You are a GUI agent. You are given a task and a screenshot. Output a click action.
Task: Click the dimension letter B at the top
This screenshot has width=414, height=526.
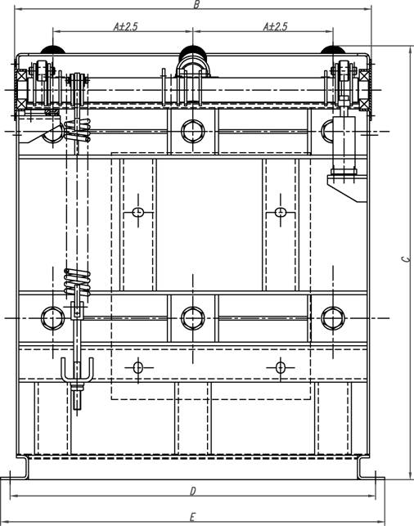[197, 4]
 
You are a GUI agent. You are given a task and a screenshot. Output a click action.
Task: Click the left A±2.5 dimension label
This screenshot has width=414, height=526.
[125, 26]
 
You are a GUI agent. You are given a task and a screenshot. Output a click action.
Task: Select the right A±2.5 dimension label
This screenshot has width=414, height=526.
[275, 26]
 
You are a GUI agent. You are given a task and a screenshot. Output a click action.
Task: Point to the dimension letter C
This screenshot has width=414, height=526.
[406, 259]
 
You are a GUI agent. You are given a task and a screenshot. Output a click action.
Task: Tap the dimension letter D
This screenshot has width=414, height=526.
[192, 492]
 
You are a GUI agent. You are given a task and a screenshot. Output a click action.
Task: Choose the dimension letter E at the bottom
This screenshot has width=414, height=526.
[192, 517]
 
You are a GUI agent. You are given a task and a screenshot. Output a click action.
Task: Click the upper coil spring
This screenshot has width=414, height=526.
[77, 131]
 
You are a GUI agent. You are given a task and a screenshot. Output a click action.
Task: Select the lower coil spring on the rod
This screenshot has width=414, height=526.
[77, 281]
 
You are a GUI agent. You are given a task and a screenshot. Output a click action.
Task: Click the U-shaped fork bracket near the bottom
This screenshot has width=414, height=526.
[77, 371]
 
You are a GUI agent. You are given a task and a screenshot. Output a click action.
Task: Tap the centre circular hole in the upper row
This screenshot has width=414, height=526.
[192, 131]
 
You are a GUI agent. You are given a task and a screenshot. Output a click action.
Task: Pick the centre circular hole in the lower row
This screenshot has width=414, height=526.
[192, 317]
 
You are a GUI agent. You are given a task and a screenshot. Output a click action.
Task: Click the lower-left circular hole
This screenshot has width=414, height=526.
[52, 317]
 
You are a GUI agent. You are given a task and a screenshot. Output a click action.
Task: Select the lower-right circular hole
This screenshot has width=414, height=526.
[332, 317]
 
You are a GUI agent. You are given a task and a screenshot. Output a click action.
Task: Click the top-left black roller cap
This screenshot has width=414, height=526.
[52, 50]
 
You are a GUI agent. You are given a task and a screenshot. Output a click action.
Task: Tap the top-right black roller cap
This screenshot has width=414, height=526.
[333, 50]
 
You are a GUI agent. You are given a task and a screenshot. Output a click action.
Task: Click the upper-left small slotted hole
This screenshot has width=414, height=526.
[138, 212]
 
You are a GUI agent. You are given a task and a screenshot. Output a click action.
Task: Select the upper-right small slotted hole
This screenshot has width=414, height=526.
[281, 212]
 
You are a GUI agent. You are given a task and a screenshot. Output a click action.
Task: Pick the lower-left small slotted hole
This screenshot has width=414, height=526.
[138, 367]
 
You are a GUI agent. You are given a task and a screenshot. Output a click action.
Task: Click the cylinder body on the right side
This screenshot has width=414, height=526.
[344, 144]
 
